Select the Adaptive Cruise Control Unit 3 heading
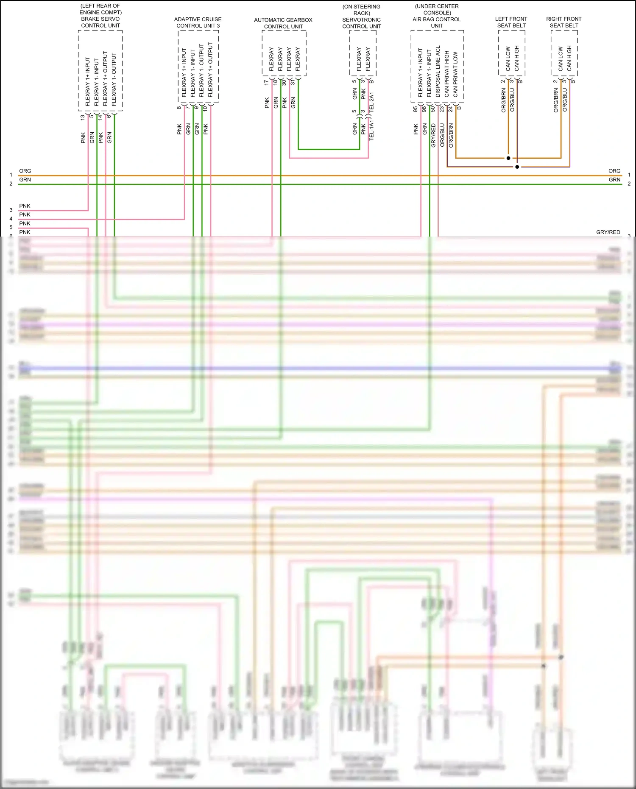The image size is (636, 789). pos(198,22)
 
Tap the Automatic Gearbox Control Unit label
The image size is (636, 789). pos(283,23)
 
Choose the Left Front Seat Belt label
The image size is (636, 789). pos(511,22)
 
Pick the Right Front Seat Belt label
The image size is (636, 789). pos(564,22)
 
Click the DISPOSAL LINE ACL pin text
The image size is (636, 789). pos(438,72)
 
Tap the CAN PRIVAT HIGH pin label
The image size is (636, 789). pos(446,74)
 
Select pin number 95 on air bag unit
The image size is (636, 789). pos(416,109)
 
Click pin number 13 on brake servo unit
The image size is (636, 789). pos(83,117)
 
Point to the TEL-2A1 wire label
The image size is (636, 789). pos(371,102)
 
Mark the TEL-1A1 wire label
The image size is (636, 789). pos(371,130)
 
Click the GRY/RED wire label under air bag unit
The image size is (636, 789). pos(433,136)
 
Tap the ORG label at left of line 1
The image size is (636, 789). pos(25,171)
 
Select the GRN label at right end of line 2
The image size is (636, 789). pos(614,180)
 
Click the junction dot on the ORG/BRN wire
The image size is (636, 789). pos(508,158)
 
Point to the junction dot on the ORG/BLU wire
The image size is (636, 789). pos(517,167)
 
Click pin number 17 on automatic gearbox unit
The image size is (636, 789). pos(266,83)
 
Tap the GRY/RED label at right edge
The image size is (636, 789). pos(608,232)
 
